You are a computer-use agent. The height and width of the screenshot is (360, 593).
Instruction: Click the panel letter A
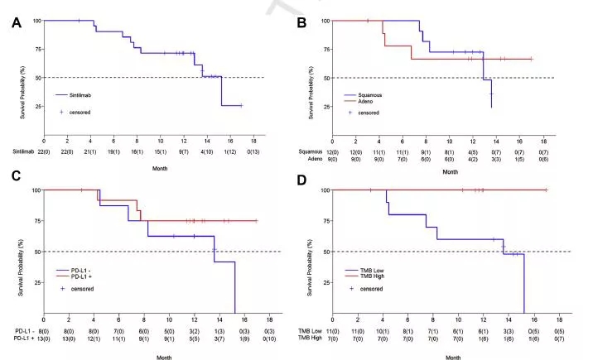coord(14,25)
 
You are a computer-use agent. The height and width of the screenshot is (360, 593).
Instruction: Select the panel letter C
coord(14,199)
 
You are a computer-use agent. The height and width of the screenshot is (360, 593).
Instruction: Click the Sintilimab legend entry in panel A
coord(81,96)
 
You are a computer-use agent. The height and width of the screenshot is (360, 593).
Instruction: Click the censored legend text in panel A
coord(80,112)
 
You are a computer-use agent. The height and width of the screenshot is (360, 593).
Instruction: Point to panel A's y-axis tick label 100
coord(36,20)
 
